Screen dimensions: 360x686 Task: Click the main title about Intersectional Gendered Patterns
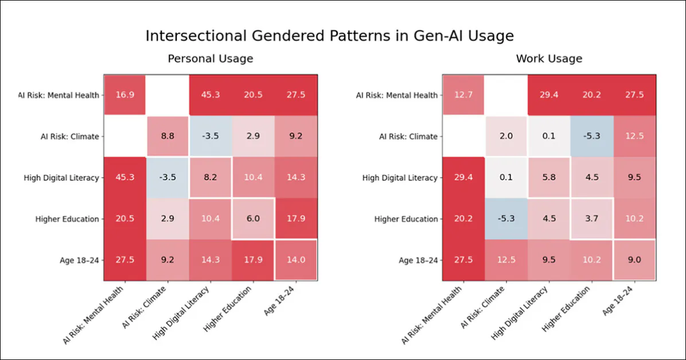click(x=329, y=36)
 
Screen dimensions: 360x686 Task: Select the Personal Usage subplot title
click(x=210, y=58)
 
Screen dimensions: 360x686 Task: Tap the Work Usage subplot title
click(x=549, y=58)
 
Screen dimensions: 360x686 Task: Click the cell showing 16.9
click(x=124, y=95)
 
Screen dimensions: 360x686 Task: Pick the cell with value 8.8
click(x=167, y=136)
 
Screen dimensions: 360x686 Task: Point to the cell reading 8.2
click(x=210, y=178)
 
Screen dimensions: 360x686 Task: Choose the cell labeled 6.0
click(x=253, y=219)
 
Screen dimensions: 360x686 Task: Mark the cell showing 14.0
click(x=296, y=260)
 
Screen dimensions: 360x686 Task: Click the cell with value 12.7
click(x=463, y=95)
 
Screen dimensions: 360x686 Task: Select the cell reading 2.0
click(x=506, y=136)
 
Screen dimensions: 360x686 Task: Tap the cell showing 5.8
click(x=549, y=178)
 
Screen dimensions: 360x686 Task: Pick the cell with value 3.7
click(x=592, y=219)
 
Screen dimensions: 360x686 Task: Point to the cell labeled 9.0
click(x=634, y=260)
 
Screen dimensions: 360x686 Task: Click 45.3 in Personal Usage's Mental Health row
click(x=210, y=95)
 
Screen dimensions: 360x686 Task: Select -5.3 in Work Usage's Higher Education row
click(x=506, y=219)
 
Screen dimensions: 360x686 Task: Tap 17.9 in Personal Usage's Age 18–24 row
click(x=253, y=260)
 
